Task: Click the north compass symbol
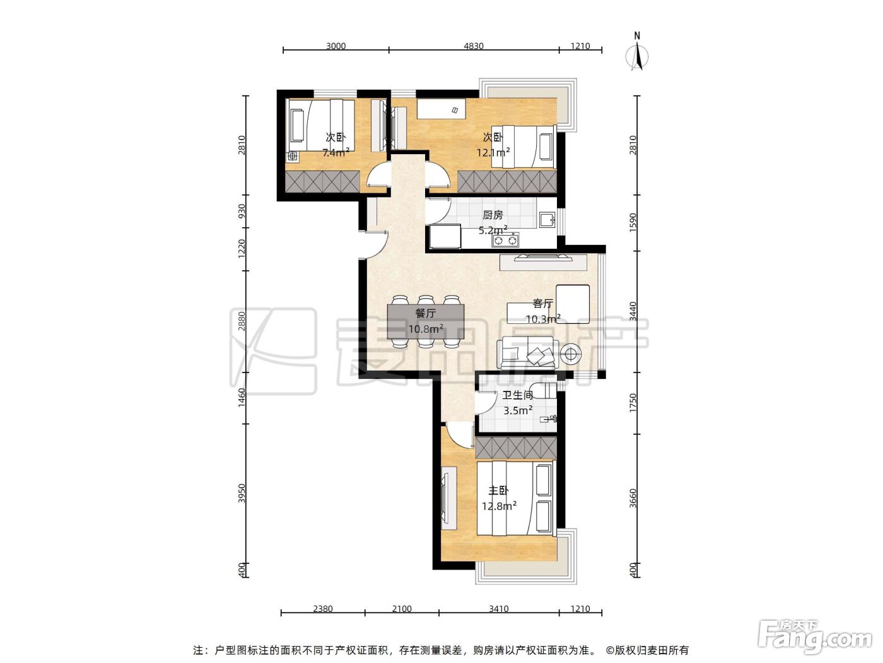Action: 637,52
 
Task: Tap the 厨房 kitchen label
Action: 493,215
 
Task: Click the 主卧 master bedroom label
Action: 498,491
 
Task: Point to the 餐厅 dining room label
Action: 425,313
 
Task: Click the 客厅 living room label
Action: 542,303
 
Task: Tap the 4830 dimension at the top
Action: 474,46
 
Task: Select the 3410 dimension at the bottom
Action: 498,609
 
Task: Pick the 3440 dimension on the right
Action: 633,311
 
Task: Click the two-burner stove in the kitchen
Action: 505,241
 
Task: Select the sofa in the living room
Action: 528,354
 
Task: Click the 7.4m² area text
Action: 336,153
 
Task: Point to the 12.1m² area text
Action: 493,153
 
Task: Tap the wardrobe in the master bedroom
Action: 516,448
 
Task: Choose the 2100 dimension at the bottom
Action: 402,609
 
